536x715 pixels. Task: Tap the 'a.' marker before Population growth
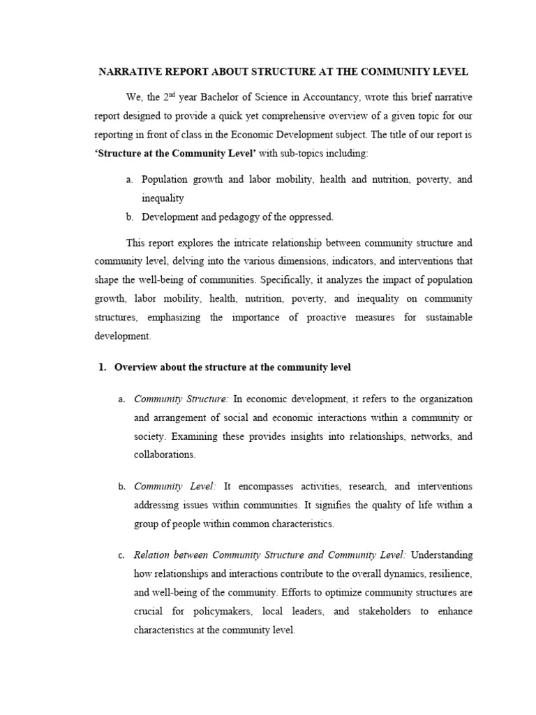click(130, 179)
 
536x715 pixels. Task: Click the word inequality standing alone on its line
click(163, 198)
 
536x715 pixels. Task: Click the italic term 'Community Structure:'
click(181, 399)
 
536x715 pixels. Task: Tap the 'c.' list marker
click(122, 556)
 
